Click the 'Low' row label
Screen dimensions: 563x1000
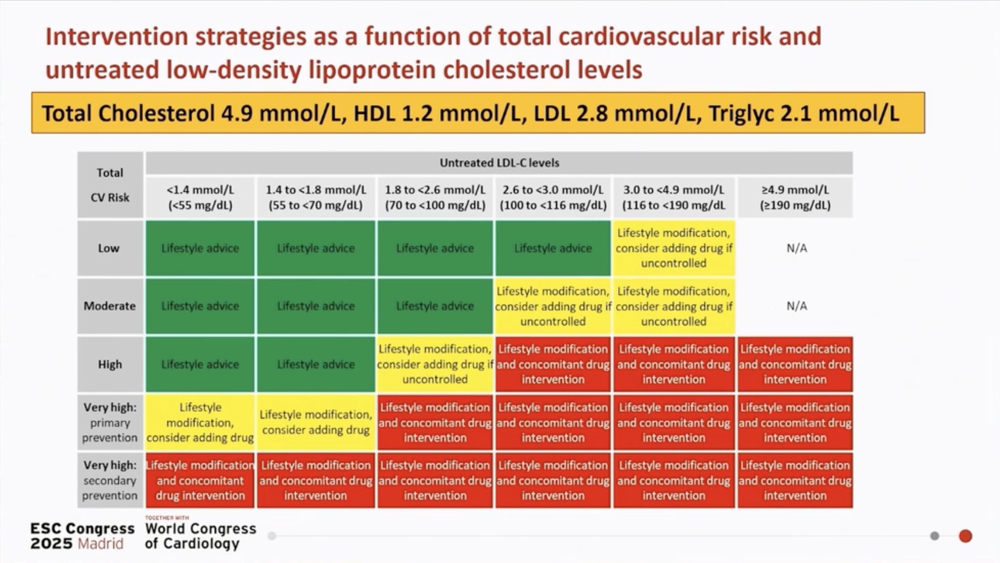tap(110, 248)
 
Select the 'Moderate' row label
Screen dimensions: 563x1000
tap(110, 306)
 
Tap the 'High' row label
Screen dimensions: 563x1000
tap(110, 364)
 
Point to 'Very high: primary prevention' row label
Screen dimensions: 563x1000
tap(110, 422)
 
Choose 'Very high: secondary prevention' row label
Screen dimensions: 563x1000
tap(110, 480)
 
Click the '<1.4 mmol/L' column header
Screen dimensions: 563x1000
tap(200, 197)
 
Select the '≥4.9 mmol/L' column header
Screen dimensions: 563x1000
tap(795, 197)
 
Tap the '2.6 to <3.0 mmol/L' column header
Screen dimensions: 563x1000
tap(553, 197)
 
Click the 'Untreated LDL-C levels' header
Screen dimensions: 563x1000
tap(499, 163)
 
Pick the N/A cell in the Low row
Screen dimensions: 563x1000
tap(797, 248)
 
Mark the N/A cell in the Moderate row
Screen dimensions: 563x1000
tap(797, 306)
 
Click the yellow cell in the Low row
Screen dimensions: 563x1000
tap(674, 248)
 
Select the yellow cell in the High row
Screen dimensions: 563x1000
tap(435, 364)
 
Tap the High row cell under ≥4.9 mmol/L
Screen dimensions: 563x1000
tap(795, 364)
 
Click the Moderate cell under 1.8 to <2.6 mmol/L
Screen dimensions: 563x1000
tap(435, 306)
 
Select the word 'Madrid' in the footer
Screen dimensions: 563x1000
tap(100, 543)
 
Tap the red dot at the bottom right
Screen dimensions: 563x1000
tap(965, 536)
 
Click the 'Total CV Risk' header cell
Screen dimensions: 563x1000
tap(110, 185)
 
